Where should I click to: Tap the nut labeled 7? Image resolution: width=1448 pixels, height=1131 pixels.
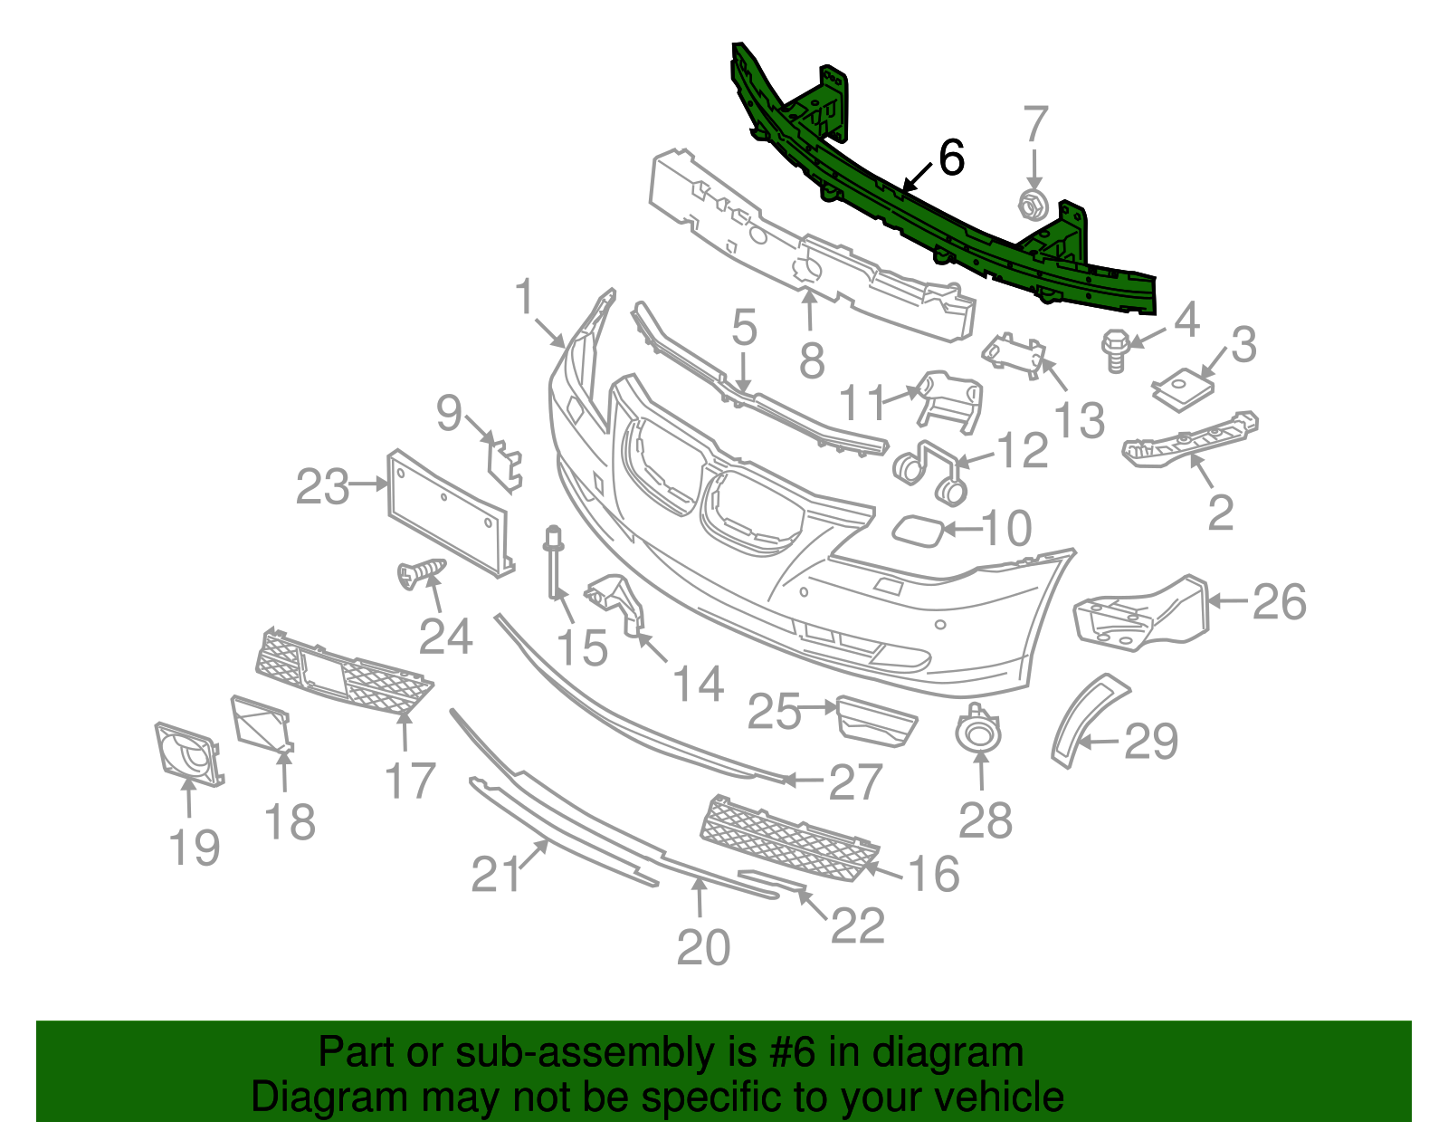(x=1033, y=206)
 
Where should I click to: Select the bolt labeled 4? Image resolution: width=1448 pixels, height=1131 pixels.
(x=1115, y=350)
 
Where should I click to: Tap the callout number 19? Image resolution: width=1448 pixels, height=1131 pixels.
(x=195, y=848)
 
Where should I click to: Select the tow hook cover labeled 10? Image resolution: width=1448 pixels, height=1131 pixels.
(x=919, y=530)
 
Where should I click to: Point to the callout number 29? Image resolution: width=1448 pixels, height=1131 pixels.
(x=1150, y=743)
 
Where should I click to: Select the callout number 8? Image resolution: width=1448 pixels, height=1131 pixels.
(x=812, y=361)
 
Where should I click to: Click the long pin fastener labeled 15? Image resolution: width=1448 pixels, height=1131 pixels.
(x=553, y=566)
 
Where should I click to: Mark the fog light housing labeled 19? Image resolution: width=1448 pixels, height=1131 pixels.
(x=187, y=751)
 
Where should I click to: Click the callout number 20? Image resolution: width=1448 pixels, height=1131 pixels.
(x=703, y=948)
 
